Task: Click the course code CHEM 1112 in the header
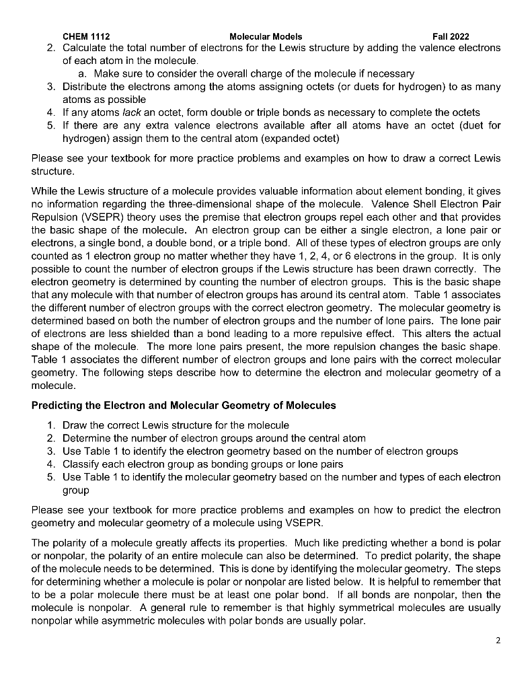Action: [x=86, y=36]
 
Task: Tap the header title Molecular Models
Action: [x=266, y=36]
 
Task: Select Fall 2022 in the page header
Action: [x=451, y=36]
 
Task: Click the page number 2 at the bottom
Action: [x=498, y=641]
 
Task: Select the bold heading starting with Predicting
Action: [x=184, y=406]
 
